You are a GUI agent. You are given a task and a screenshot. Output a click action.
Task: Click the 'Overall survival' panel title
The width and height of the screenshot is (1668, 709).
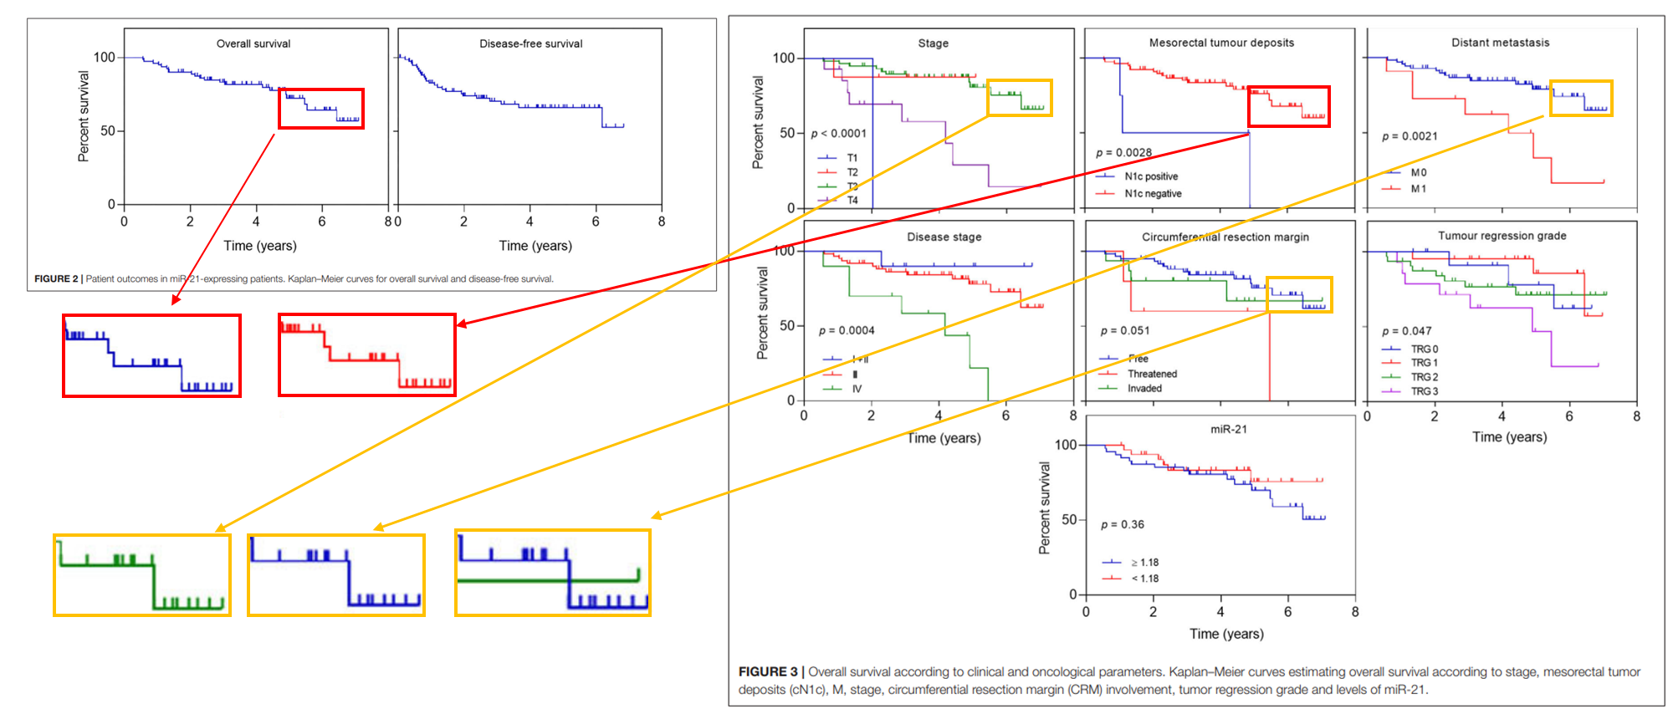[x=253, y=43]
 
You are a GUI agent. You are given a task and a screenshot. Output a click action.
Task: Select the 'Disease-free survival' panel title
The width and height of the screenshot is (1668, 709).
[x=530, y=43]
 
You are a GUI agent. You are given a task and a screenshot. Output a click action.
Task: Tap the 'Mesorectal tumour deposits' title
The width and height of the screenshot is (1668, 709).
[x=1221, y=43]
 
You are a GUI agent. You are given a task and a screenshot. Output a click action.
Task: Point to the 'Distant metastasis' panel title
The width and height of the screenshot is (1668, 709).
[x=1500, y=43]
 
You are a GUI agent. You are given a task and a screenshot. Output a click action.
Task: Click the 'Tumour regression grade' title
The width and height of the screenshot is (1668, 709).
[x=1502, y=236]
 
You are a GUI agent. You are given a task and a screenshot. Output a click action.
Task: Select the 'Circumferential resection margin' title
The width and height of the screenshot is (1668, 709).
[x=1225, y=237]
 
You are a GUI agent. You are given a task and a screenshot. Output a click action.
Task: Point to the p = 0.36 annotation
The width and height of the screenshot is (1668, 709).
[x=1123, y=524]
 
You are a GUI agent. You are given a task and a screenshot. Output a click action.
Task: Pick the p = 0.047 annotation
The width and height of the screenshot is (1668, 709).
[x=1406, y=331]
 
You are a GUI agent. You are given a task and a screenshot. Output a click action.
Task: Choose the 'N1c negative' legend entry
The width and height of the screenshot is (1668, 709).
[x=1153, y=194]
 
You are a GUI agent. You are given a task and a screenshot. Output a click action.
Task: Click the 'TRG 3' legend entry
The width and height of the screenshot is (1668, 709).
[x=1424, y=391]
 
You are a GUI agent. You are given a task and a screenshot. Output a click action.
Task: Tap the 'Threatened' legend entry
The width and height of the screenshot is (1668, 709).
[x=1152, y=374]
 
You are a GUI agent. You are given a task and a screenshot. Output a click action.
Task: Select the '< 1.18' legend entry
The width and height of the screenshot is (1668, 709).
[x=1144, y=579]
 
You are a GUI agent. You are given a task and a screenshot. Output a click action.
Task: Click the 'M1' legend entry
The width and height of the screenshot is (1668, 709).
[x=1418, y=189]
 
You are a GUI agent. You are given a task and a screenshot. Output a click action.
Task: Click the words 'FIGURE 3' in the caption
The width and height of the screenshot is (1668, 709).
[x=768, y=671]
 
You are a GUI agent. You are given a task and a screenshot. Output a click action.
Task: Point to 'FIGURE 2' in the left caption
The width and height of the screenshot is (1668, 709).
[x=56, y=279]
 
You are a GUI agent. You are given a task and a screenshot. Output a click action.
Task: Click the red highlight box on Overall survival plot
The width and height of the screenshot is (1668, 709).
[x=321, y=109]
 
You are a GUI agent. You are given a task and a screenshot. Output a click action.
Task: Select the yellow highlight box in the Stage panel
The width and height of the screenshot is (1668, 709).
[x=1019, y=98]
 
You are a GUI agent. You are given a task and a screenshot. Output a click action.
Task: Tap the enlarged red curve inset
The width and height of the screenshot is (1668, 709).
[x=367, y=354]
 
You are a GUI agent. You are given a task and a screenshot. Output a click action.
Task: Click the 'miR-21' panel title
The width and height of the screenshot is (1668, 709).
[x=1228, y=429]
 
